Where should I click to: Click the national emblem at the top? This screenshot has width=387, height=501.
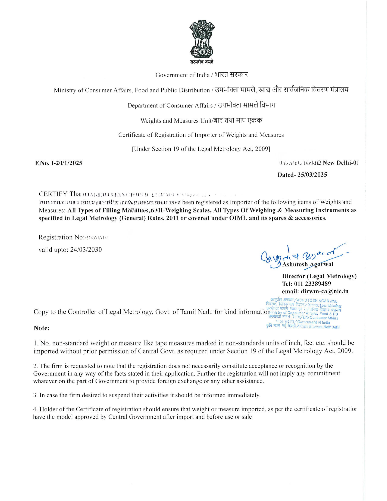202,39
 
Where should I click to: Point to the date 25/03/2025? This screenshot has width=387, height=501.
312,175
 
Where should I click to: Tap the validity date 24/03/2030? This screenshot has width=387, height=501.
86,250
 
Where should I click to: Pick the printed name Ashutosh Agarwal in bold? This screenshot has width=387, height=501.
308,265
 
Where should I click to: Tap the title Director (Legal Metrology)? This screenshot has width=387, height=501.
319,276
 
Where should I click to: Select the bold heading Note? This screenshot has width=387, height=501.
42,328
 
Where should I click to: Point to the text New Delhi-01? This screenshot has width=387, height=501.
340,163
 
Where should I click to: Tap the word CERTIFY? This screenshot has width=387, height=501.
53,194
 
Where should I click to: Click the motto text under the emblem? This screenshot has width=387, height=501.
202,62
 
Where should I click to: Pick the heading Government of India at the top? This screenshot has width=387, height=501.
182,75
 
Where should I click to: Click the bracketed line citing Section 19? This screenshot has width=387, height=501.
201,149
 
